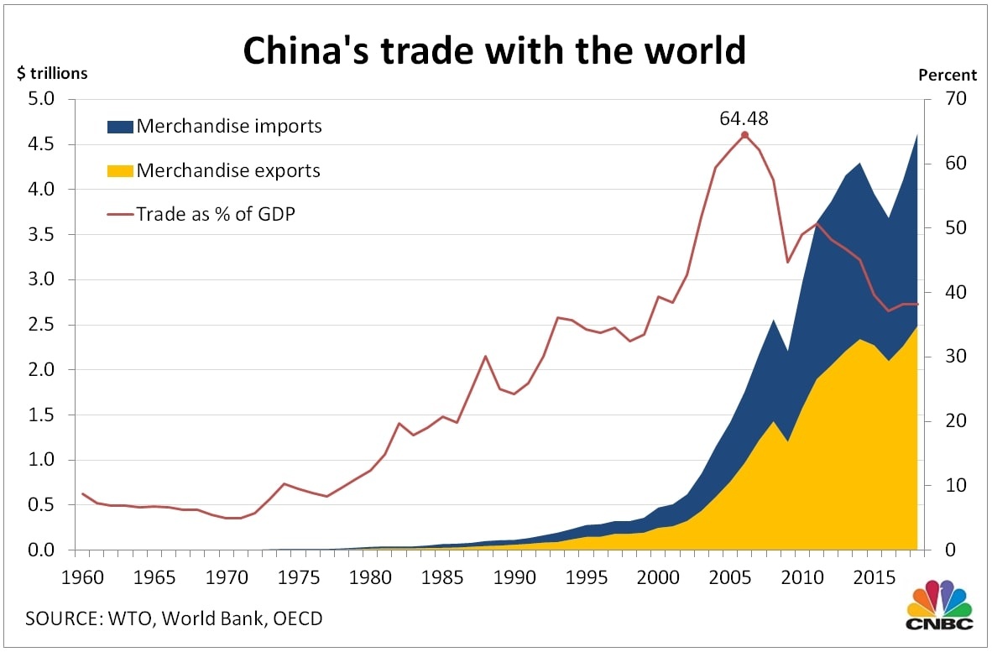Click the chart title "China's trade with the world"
494,50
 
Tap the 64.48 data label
744,118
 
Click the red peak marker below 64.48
744,134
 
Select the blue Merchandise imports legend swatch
119,127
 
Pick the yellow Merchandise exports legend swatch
119,171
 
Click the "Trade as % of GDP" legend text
216,214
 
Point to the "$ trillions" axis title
52,73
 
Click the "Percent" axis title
948,75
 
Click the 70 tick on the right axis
944,99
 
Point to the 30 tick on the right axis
944,357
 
